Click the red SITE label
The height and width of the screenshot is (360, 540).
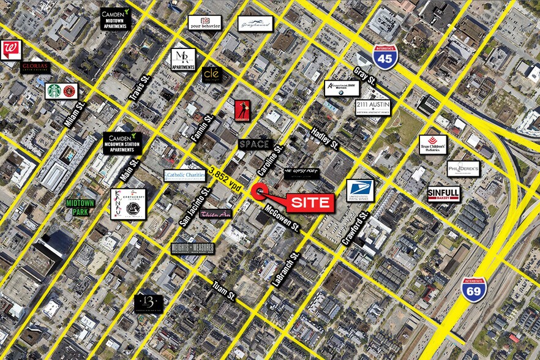tap(310, 201)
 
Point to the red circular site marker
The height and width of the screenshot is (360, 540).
tap(260, 192)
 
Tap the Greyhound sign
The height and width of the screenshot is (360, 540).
tap(255, 23)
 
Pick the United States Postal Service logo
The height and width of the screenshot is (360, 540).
tap(359, 190)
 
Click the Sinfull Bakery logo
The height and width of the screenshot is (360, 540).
tap(443, 193)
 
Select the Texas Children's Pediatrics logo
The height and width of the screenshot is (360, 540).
tap(433, 145)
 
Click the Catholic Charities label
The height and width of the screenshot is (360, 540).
tap(184, 176)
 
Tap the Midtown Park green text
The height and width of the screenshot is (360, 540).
tap(81, 207)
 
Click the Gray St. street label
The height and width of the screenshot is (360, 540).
tap(365, 77)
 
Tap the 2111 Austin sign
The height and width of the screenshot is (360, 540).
tap(373, 107)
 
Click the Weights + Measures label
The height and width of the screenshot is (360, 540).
tap(192, 248)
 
